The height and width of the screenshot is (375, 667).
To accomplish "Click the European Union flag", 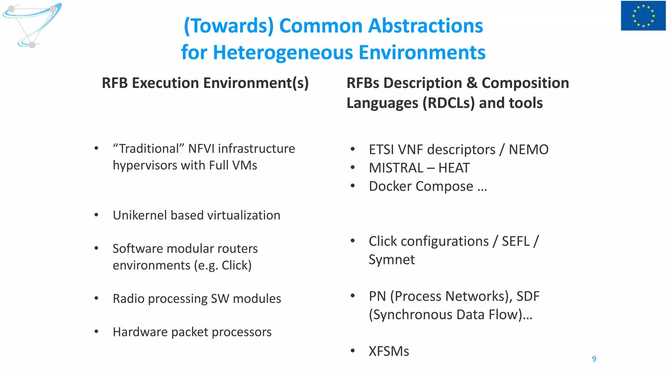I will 643,16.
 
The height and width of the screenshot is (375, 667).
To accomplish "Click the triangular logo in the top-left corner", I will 32,25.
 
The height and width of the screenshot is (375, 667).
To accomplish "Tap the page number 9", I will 594,359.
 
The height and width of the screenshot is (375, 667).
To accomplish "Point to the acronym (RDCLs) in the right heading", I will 448,103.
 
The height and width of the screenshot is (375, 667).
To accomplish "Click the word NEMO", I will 529,150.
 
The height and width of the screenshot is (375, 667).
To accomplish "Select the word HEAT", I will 454,168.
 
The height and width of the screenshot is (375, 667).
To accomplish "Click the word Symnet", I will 391,260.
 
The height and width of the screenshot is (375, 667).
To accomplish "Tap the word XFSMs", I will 389,352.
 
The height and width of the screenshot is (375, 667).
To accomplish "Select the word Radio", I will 128,299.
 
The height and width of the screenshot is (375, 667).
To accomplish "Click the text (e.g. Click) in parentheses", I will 223,266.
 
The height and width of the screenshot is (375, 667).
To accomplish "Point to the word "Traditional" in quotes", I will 149,149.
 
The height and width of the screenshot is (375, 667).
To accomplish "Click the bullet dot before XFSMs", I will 352,351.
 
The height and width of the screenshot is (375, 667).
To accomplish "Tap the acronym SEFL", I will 516,242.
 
